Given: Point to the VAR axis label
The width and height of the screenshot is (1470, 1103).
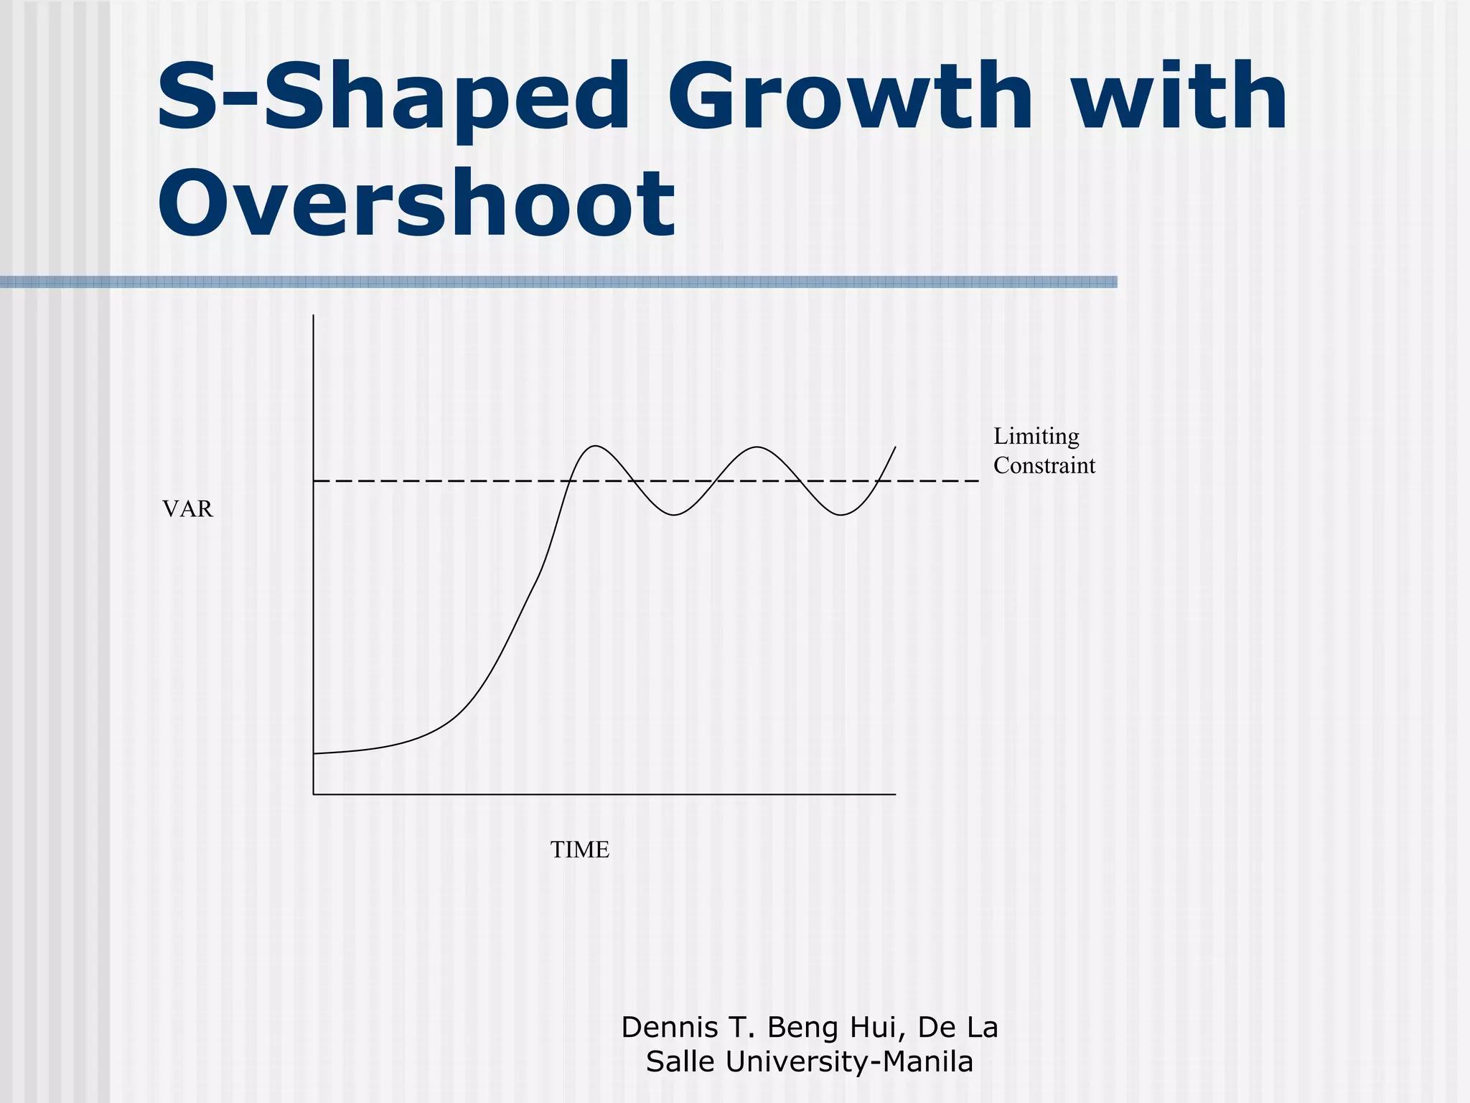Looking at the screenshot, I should tap(187, 509).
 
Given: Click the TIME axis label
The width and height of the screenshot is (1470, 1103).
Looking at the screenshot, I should tap(579, 850).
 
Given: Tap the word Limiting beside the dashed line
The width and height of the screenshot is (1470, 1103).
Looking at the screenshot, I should tap(1036, 437).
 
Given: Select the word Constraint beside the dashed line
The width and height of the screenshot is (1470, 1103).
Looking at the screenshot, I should tap(1044, 465).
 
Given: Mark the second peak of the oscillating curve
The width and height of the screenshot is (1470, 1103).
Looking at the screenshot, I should tap(757, 447).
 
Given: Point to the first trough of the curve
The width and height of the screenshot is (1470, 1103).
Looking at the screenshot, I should tap(673, 515).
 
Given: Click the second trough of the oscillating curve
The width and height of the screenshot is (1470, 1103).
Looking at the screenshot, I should tap(841, 515).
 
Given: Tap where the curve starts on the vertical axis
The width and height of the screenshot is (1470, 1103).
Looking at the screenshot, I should tap(314, 753).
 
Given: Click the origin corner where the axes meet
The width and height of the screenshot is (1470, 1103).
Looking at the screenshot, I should tap(314, 794).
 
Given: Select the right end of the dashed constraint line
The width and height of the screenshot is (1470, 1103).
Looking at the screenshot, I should tap(978, 480).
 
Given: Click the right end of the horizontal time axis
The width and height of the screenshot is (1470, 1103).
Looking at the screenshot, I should tap(895, 794).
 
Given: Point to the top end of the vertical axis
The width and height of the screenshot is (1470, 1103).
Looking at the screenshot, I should tap(314, 316).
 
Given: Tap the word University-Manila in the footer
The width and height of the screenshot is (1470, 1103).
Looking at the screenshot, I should tap(849, 1062).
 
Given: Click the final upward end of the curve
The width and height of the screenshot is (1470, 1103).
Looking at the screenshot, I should tap(895, 447).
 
